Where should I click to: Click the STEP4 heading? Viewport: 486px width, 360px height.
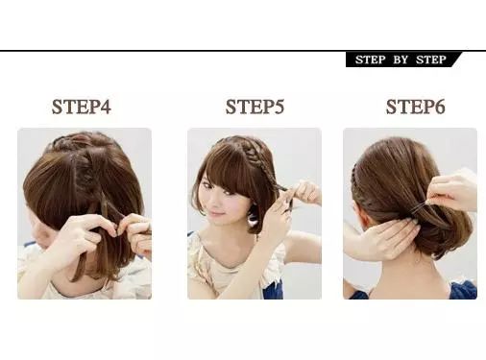[x=82, y=107]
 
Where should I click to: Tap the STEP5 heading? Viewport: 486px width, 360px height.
[x=255, y=107]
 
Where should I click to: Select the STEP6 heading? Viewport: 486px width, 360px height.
[x=415, y=107]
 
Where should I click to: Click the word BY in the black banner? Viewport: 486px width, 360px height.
[x=401, y=60]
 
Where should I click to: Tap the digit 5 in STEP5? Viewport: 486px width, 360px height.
[x=279, y=107]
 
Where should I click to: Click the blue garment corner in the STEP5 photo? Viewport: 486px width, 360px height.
[x=273, y=289]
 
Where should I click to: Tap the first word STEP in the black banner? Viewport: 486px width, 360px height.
[x=371, y=60]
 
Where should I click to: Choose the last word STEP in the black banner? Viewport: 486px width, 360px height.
[x=431, y=60]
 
